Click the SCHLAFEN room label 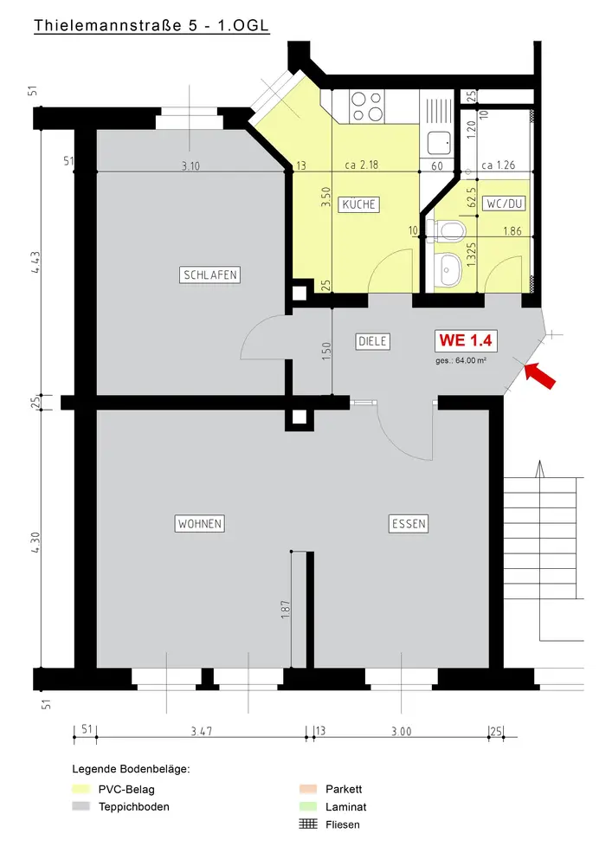(209, 275)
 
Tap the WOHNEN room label (200, 524)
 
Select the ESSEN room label (409, 524)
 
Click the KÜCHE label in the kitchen (358, 204)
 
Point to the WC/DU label (505, 204)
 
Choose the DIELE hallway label (372, 341)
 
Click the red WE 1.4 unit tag (466, 340)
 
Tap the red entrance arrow (539, 376)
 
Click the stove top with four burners (367, 107)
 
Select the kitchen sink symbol (439, 143)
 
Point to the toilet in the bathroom (446, 229)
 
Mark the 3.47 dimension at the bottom (202, 731)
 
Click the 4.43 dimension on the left (35, 262)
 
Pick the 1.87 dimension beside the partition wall (286, 610)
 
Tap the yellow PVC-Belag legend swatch (81, 789)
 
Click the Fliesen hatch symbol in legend (308, 824)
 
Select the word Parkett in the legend (344, 789)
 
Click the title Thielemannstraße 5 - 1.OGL (151, 25)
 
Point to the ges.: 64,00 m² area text (461, 360)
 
